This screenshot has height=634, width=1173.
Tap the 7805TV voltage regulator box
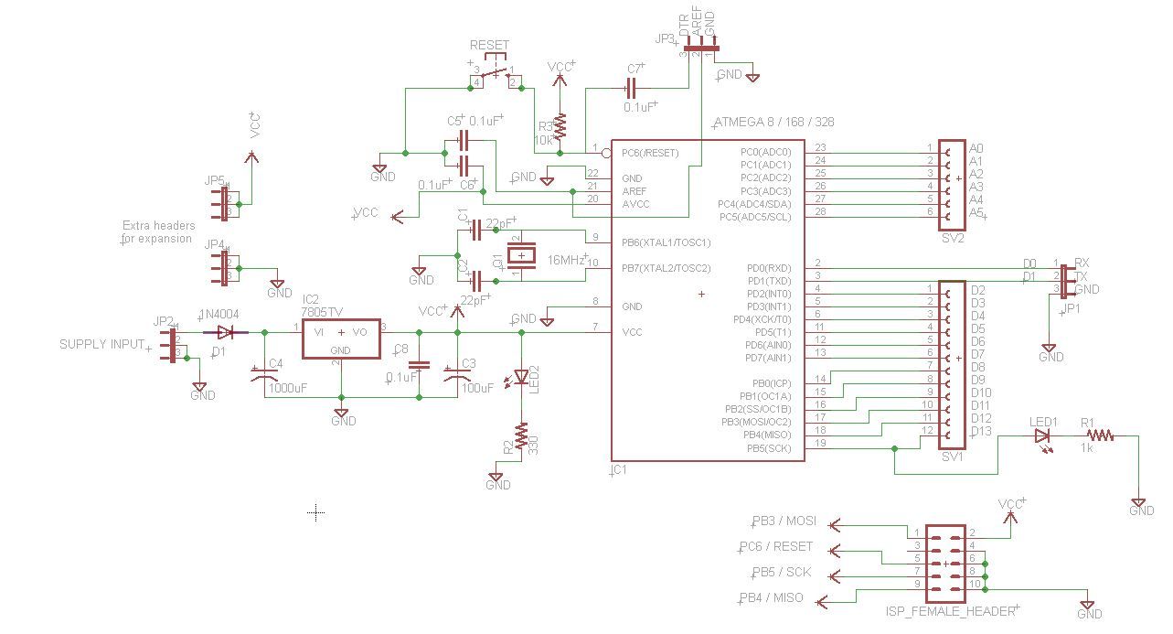tap(341, 339)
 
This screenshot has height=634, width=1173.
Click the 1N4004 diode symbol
tap(225, 332)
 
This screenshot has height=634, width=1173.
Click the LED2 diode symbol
tap(521, 376)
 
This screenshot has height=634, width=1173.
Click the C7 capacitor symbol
tap(631, 89)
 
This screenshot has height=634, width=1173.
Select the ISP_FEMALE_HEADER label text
tap(950, 611)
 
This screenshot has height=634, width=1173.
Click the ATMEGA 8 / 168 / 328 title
tap(772, 122)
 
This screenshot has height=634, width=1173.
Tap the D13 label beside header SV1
tap(980, 431)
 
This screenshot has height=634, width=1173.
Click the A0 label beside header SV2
tap(976, 148)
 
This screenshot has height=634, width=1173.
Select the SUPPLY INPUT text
tap(101, 345)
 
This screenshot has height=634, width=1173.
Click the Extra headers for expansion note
tap(158, 231)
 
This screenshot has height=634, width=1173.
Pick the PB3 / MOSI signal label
tap(784, 521)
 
